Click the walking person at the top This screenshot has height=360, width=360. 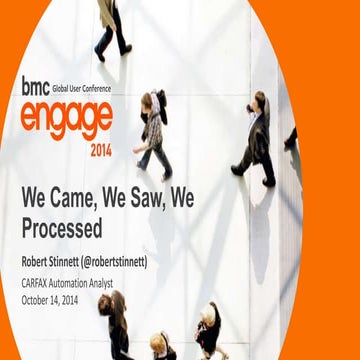[x=110, y=26]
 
